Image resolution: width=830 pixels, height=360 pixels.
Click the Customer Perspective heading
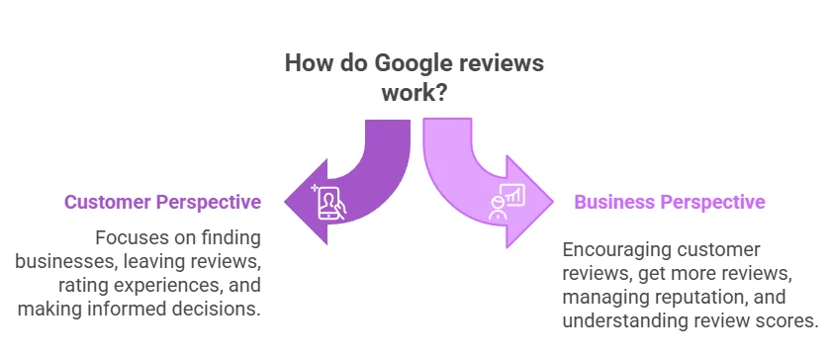click(x=163, y=202)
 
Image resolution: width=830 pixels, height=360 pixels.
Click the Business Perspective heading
click(x=670, y=202)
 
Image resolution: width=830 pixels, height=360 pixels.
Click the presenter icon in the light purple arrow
click(x=506, y=202)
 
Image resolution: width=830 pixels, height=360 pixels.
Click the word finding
click(x=229, y=238)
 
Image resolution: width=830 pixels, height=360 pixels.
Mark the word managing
click(x=603, y=297)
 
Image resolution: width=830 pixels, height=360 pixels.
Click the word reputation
click(x=696, y=297)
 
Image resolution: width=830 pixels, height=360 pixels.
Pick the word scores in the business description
click(x=786, y=320)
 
